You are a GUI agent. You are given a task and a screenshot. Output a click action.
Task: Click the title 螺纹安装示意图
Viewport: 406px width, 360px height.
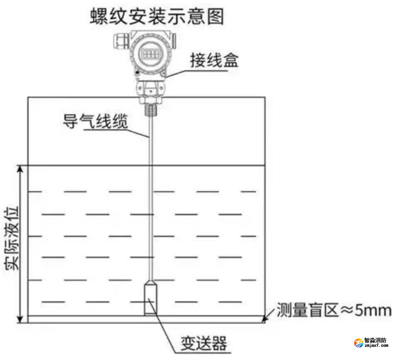[157, 17]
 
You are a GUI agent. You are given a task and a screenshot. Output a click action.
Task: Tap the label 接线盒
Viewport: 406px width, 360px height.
[214, 60]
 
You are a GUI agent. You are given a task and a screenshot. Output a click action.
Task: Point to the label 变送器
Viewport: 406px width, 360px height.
[203, 343]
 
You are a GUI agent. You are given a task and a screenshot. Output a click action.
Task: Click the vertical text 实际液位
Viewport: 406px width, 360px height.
[12, 238]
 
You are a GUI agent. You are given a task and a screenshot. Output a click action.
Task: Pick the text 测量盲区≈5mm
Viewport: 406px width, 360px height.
[334, 310]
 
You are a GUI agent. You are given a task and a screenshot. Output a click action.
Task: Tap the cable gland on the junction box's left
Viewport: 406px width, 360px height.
[121, 41]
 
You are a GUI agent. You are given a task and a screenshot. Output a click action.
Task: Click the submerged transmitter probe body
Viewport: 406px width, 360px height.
[150, 298]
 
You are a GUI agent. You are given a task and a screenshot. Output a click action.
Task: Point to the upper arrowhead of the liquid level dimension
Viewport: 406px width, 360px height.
[20, 169]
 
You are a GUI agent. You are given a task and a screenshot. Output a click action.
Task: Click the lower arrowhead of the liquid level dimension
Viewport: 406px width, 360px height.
[20, 319]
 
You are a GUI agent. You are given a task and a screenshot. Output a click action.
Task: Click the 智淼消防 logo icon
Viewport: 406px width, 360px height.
[359, 343]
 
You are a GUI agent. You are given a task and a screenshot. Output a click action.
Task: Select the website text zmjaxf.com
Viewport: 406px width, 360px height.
[376, 345]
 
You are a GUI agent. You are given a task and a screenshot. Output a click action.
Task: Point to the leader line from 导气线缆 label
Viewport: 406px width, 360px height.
[116, 133]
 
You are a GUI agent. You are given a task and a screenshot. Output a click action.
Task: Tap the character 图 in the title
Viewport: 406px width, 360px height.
[215, 17]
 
